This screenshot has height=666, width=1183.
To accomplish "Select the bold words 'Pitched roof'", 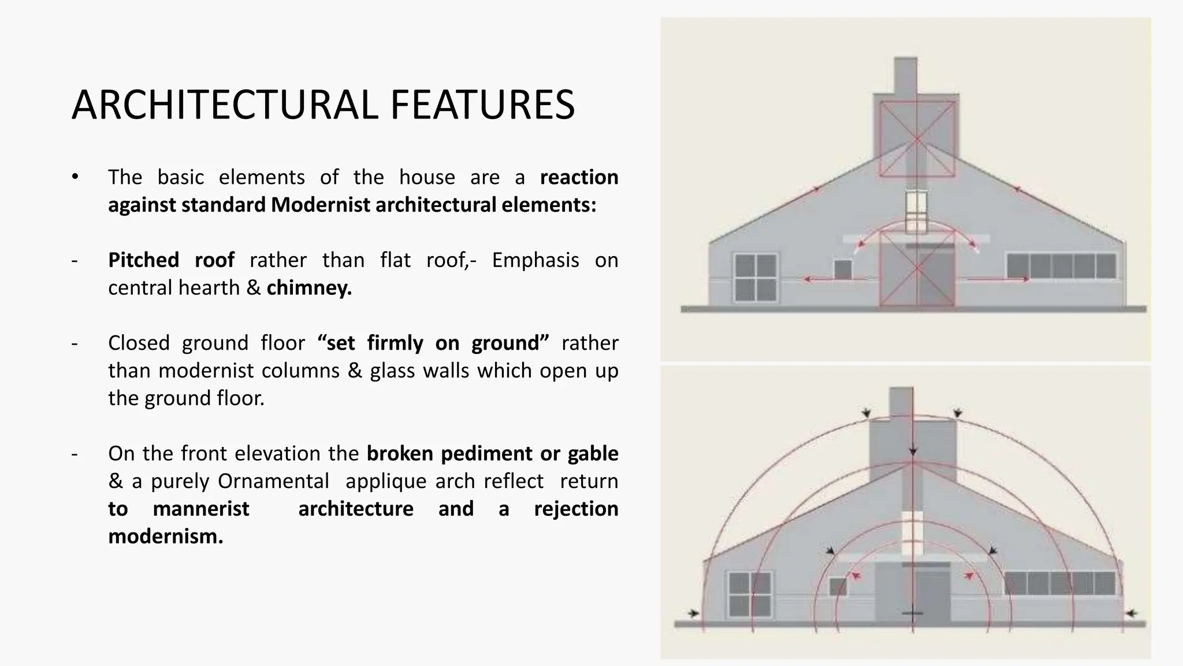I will pos(171,260).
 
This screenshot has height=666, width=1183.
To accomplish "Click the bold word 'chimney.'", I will pos(309,288).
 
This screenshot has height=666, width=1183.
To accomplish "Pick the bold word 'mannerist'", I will pos(200,509).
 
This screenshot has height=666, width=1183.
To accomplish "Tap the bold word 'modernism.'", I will pos(165,536).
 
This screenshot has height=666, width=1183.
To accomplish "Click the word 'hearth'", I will pos(214,288).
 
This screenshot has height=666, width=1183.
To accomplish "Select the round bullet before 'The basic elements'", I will pos(75,177).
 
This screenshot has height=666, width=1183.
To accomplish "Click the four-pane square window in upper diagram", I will pos(756,277).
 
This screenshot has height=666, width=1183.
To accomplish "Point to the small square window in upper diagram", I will pos(843,269).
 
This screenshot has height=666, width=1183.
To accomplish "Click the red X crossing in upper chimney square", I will pos(917,139).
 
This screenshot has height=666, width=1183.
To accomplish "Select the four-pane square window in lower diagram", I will pos(750,594).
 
